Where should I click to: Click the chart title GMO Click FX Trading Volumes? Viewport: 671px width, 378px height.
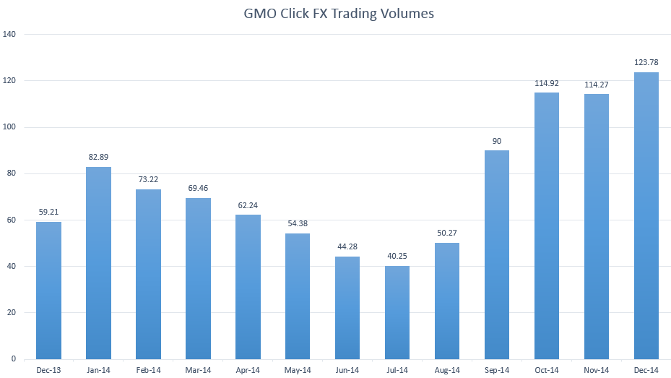[339, 13]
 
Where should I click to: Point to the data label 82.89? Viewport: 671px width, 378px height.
[98, 158]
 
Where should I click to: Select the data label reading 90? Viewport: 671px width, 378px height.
[497, 141]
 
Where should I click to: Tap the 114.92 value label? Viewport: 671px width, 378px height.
[546, 83]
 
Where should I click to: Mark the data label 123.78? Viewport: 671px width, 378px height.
[646, 63]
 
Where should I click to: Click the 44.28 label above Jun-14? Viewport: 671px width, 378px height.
[347, 247]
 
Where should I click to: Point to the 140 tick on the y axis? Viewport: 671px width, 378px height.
[10, 35]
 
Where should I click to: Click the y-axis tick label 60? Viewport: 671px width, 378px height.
[12, 220]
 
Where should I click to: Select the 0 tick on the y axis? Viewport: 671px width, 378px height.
[14, 359]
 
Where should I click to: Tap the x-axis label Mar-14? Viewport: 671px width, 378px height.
[198, 371]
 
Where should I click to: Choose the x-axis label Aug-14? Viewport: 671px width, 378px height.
[447, 371]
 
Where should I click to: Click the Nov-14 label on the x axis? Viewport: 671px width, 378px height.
[596, 371]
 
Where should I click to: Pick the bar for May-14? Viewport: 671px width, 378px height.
[298, 296]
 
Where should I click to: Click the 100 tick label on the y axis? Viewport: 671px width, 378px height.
[10, 127]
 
